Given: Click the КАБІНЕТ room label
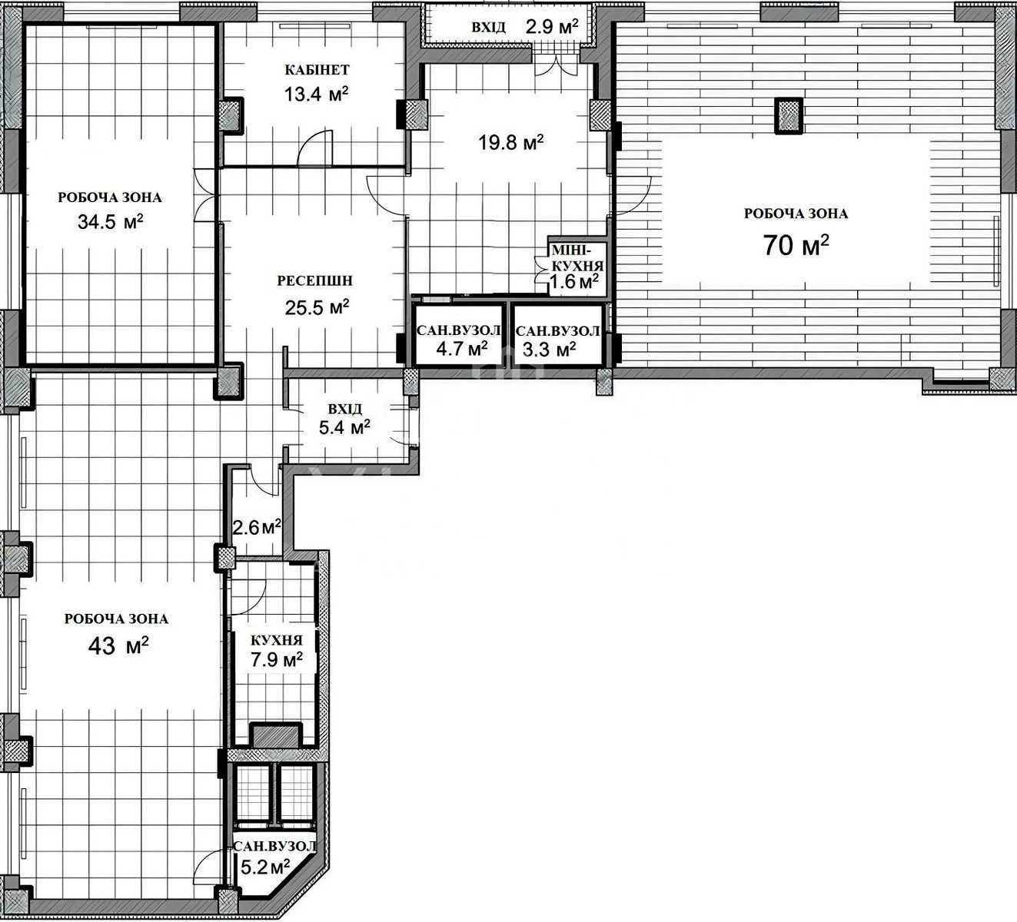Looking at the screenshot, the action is (x=317, y=69).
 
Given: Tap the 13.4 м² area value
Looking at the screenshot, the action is (x=317, y=94).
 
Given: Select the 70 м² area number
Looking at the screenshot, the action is (x=796, y=245).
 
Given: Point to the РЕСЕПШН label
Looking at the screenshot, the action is (x=314, y=280).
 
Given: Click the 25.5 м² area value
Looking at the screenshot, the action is (x=317, y=307).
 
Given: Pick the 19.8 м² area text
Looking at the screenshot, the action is (x=511, y=142).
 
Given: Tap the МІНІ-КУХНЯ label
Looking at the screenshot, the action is (x=577, y=258).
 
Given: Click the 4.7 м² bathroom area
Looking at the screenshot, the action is (x=462, y=348).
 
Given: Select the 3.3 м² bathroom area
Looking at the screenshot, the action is (x=549, y=349).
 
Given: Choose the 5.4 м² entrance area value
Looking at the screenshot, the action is (x=344, y=427).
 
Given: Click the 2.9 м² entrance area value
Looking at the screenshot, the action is (x=552, y=26).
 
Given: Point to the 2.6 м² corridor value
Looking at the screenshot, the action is (x=257, y=528).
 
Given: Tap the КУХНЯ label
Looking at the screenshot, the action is (x=276, y=640).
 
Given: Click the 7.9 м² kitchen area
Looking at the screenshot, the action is (x=276, y=660).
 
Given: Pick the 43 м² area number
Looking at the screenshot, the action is (x=118, y=646).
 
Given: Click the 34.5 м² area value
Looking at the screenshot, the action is (x=110, y=221).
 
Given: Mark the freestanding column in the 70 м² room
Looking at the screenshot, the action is (x=789, y=115).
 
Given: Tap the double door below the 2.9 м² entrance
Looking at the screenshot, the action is (x=556, y=65).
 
